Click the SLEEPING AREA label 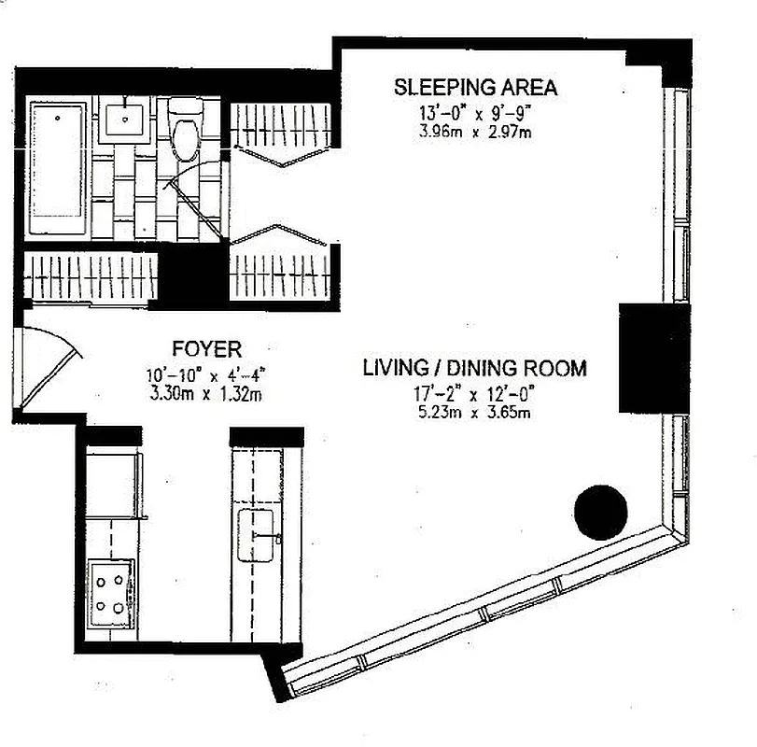click(475, 88)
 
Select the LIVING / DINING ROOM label click(474, 368)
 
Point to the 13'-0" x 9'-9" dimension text click(475, 113)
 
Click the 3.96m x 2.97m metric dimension click(475, 131)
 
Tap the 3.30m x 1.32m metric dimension click(206, 393)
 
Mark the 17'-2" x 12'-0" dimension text click(474, 393)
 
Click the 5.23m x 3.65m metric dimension click(474, 412)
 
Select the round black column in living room click(601, 513)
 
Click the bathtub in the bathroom click(58, 168)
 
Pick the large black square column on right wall click(653, 356)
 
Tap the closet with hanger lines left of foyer click(91, 277)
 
